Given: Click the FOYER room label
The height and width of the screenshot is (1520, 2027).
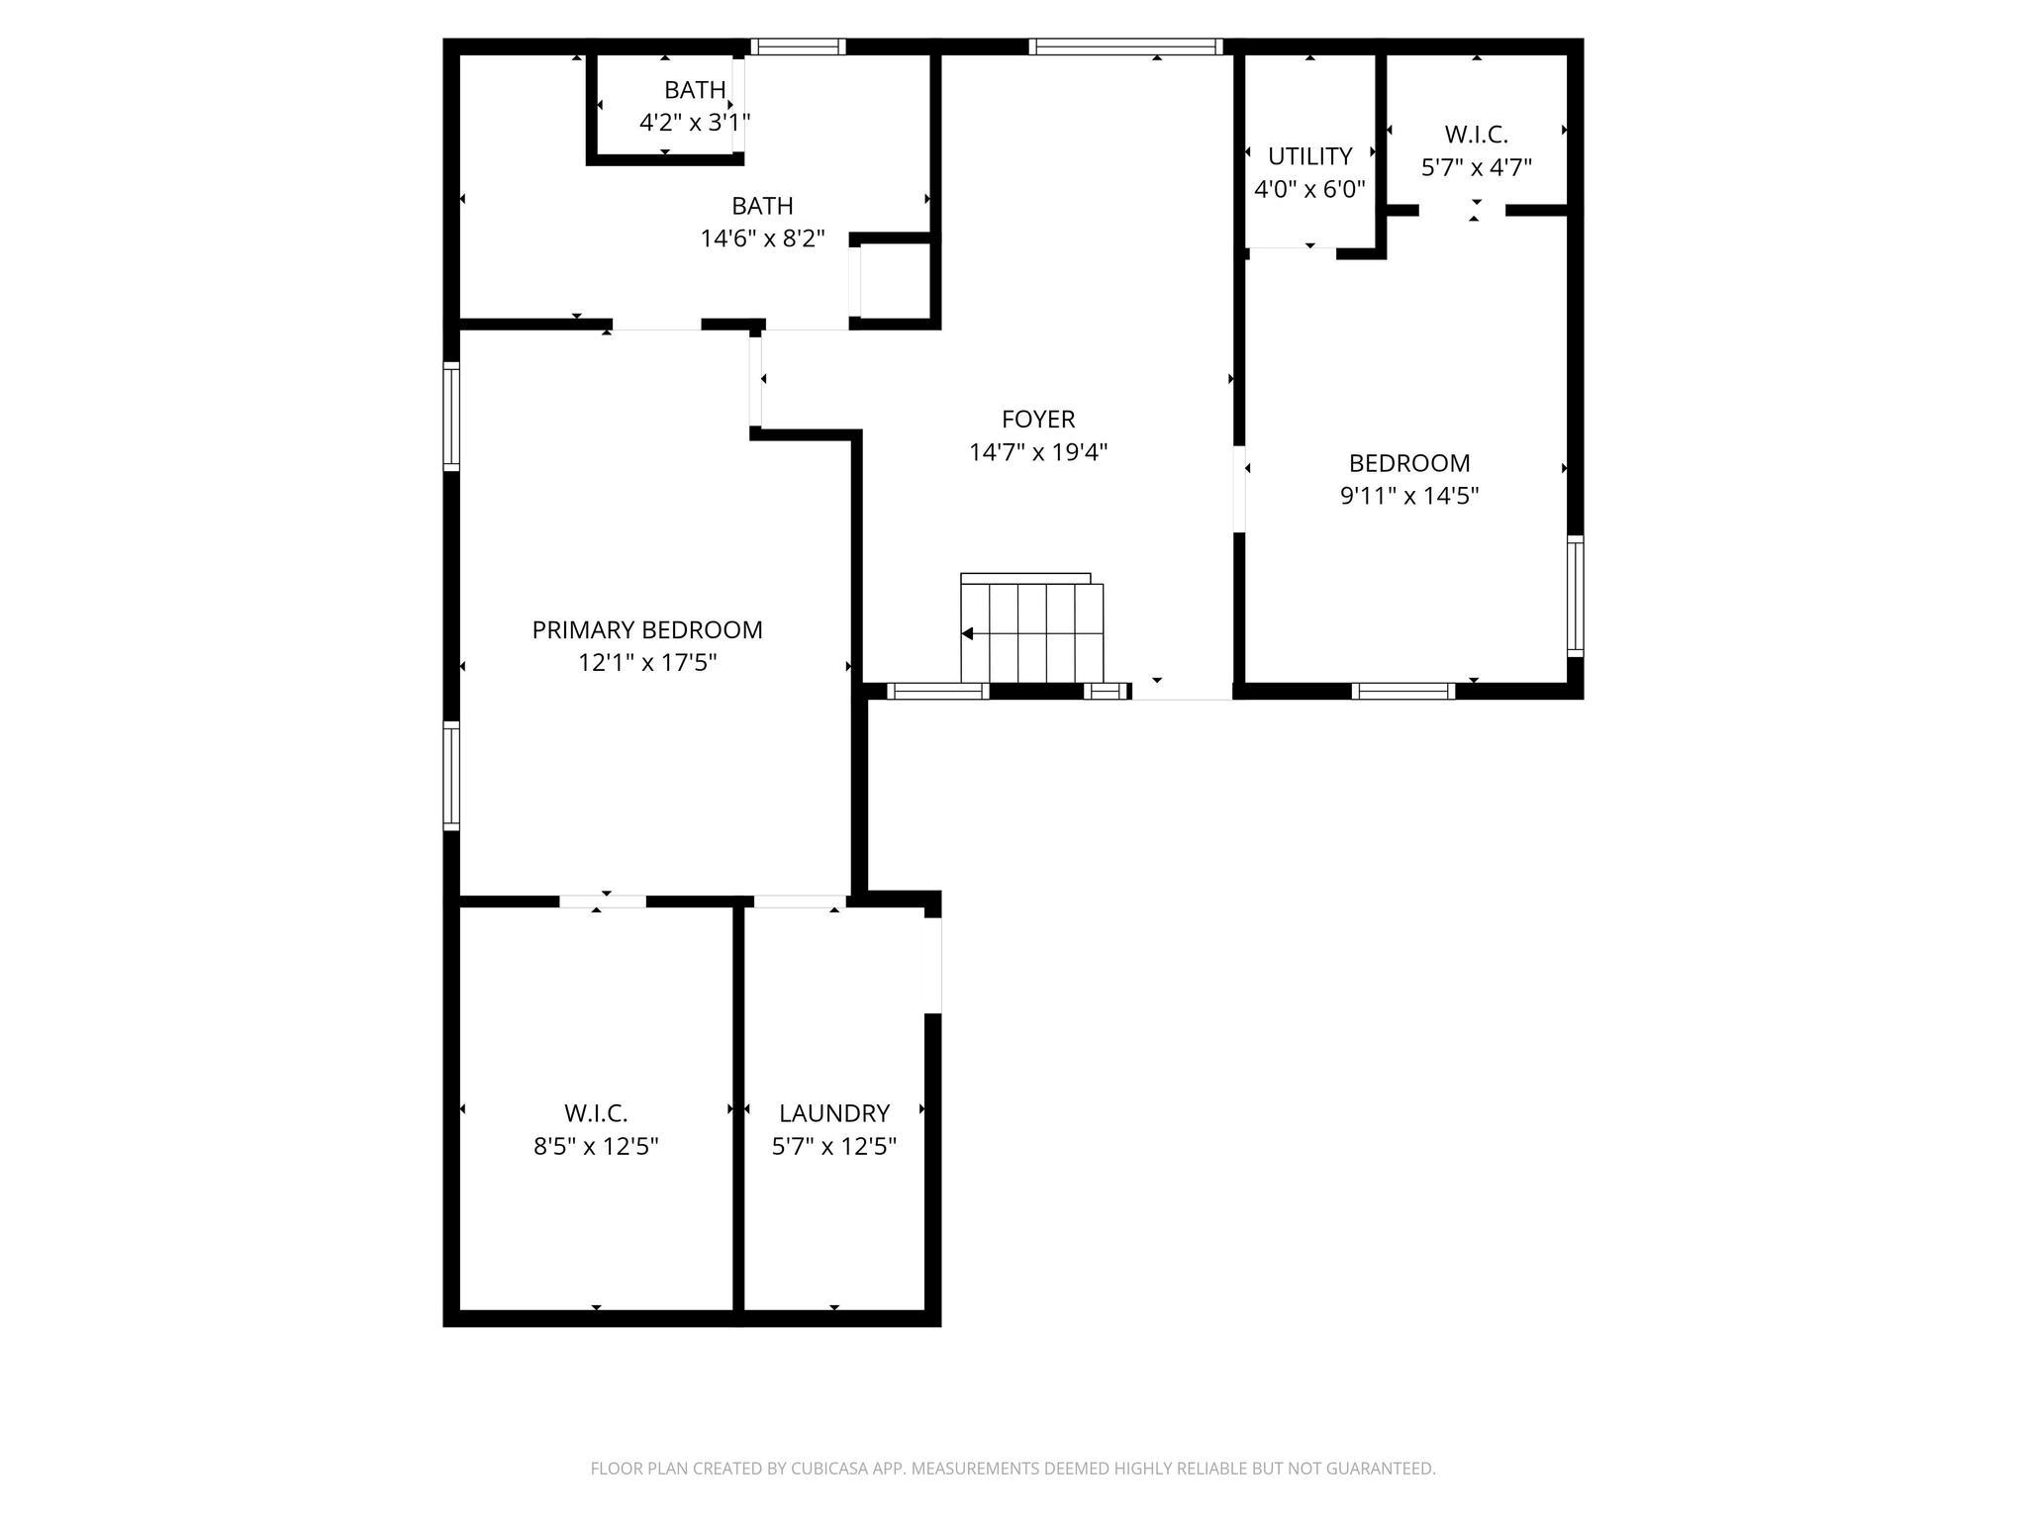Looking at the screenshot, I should point(1037,419).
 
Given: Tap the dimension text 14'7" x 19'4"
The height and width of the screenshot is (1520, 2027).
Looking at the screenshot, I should point(1037,452).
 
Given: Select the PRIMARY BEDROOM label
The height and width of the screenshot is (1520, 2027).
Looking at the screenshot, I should point(647,629).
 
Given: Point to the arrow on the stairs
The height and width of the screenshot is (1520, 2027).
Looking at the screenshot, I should point(968,633).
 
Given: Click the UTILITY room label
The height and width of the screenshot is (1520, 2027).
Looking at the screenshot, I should point(1309,156).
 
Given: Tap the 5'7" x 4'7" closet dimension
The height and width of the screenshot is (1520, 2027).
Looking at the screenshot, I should point(1476,167).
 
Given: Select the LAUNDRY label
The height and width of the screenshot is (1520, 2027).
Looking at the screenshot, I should point(833,1113).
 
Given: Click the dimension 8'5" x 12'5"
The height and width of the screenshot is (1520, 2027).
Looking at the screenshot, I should point(596,1146).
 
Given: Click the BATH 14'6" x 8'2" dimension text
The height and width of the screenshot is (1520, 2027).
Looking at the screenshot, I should point(762,238).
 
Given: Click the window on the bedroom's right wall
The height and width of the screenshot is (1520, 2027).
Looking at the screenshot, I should point(1575,596).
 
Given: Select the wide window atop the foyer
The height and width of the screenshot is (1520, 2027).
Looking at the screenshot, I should point(1125,47).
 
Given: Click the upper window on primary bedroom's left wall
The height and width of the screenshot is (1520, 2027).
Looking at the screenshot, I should point(451,416).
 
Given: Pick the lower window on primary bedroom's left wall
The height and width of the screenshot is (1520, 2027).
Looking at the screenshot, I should point(451,775).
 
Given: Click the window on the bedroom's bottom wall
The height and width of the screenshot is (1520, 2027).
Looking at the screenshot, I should point(1403,691).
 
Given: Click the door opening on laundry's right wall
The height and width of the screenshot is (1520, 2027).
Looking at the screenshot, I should point(932,965).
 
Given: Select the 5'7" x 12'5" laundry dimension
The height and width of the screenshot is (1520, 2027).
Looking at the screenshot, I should point(833,1146).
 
